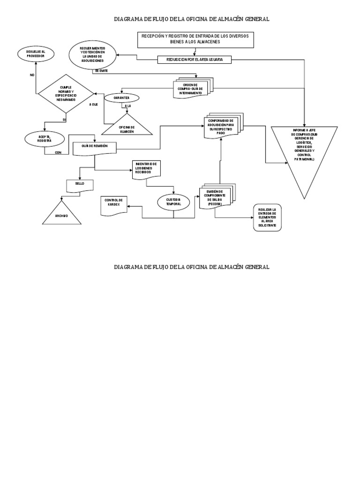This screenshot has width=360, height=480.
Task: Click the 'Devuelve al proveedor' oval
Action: coord(36,53)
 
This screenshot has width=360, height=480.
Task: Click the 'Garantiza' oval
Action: coord(121,98)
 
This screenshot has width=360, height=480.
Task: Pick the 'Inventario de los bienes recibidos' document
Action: coord(146,168)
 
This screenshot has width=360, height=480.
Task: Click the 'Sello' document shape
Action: coord(81,184)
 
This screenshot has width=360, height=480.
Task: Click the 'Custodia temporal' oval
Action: coord(173,202)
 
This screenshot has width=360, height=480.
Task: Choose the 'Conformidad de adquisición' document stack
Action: coord(221,126)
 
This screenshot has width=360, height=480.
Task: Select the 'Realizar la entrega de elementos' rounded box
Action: coord(267,218)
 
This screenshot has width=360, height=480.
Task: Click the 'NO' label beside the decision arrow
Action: coord(32,75)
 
